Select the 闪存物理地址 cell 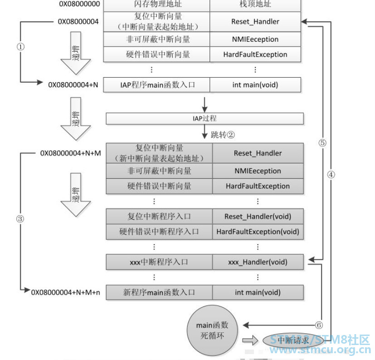[x=156, y=5]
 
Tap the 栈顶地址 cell [x=255, y=5]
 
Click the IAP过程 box [x=205, y=118]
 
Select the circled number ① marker [x=20, y=46]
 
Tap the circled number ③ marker [x=20, y=219]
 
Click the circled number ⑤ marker [x=322, y=143]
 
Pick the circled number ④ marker [x=331, y=174]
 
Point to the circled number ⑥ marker [x=318, y=325]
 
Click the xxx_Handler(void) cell [x=258, y=262]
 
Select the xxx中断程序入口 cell [x=159, y=262]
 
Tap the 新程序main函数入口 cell [x=159, y=292]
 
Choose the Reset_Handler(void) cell [x=258, y=216]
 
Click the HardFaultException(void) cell [x=258, y=232]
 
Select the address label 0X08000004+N [x=73, y=84]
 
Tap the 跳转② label [x=223, y=135]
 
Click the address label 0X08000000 [x=79, y=5]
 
